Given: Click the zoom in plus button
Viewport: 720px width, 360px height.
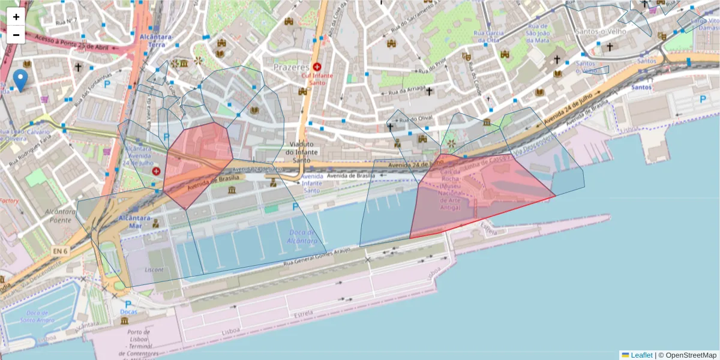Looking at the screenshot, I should pos(16,17).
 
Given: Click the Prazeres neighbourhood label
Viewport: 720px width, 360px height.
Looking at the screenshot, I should pos(291,67).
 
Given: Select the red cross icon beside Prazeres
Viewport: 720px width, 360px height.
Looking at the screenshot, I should pos(317,67).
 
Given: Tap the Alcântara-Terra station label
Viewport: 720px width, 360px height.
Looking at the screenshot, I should pos(155,40).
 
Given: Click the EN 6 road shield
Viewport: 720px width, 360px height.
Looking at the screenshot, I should pos(59,250).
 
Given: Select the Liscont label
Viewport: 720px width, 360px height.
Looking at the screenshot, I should pos(154,269).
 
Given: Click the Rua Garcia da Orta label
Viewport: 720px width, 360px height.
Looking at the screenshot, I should pos(487,36).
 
